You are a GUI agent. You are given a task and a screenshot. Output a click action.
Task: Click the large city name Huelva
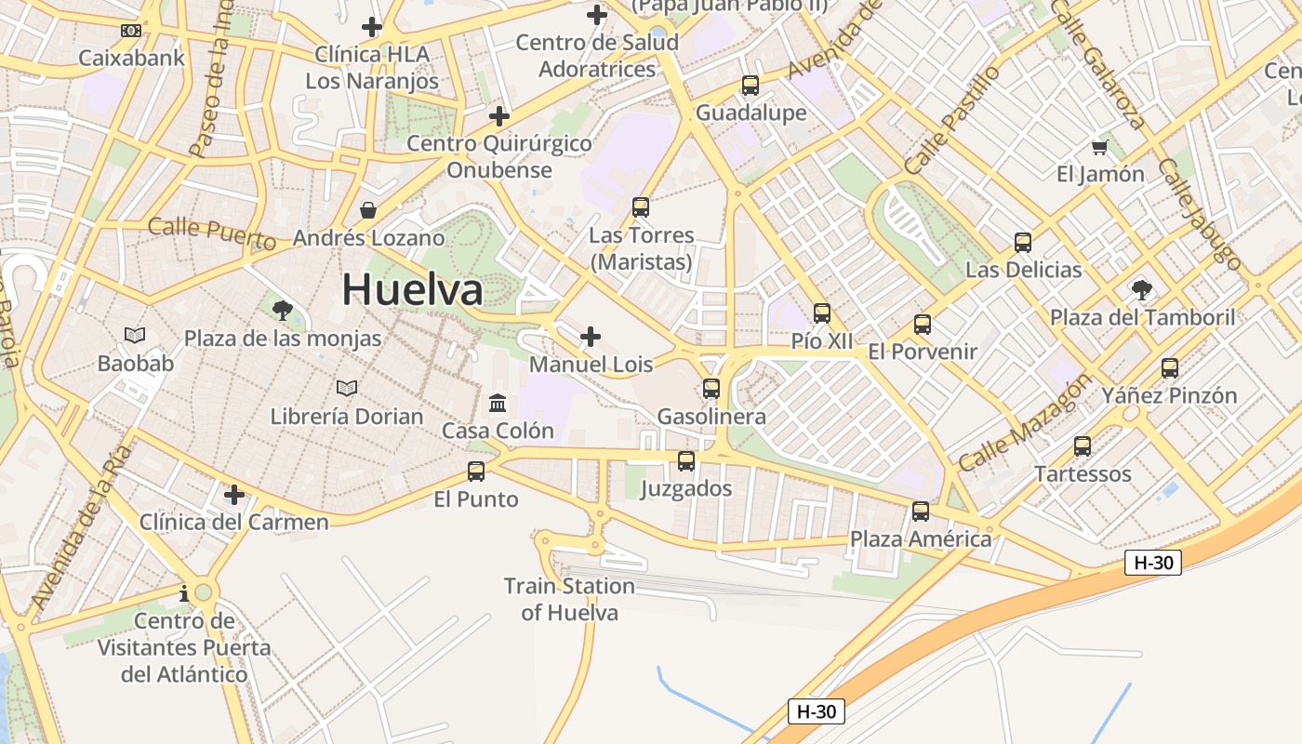tap(412, 290)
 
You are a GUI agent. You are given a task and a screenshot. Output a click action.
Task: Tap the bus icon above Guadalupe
tap(751, 86)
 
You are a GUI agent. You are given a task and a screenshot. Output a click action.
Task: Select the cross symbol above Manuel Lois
tap(591, 337)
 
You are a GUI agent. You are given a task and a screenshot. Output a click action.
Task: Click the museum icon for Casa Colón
tap(498, 404)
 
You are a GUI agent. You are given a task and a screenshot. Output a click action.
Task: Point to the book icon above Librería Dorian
tap(347, 388)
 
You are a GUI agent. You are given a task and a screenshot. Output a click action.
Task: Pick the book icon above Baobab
tap(135, 335)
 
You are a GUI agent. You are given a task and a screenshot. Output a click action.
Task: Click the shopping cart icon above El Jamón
tap(1100, 147)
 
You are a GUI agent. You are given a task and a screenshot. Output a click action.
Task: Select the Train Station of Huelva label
tap(569, 599)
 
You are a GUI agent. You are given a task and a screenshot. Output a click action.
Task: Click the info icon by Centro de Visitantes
tap(184, 593)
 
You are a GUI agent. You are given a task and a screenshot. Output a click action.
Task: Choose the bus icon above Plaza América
tap(921, 511)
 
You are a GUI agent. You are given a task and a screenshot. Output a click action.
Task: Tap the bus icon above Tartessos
tap(1083, 446)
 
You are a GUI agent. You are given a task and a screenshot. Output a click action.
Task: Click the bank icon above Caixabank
tap(131, 31)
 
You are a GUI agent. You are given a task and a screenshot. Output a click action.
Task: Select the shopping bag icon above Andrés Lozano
tap(368, 210)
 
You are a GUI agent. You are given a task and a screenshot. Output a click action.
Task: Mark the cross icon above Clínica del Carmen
tap(234, 494)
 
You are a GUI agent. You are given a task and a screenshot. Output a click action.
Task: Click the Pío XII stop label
tap(821, 341)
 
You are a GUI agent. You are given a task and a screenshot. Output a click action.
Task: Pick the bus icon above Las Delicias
tap(1023, 243)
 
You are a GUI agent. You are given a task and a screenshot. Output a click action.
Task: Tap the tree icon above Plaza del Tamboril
tap(1142, 290)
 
